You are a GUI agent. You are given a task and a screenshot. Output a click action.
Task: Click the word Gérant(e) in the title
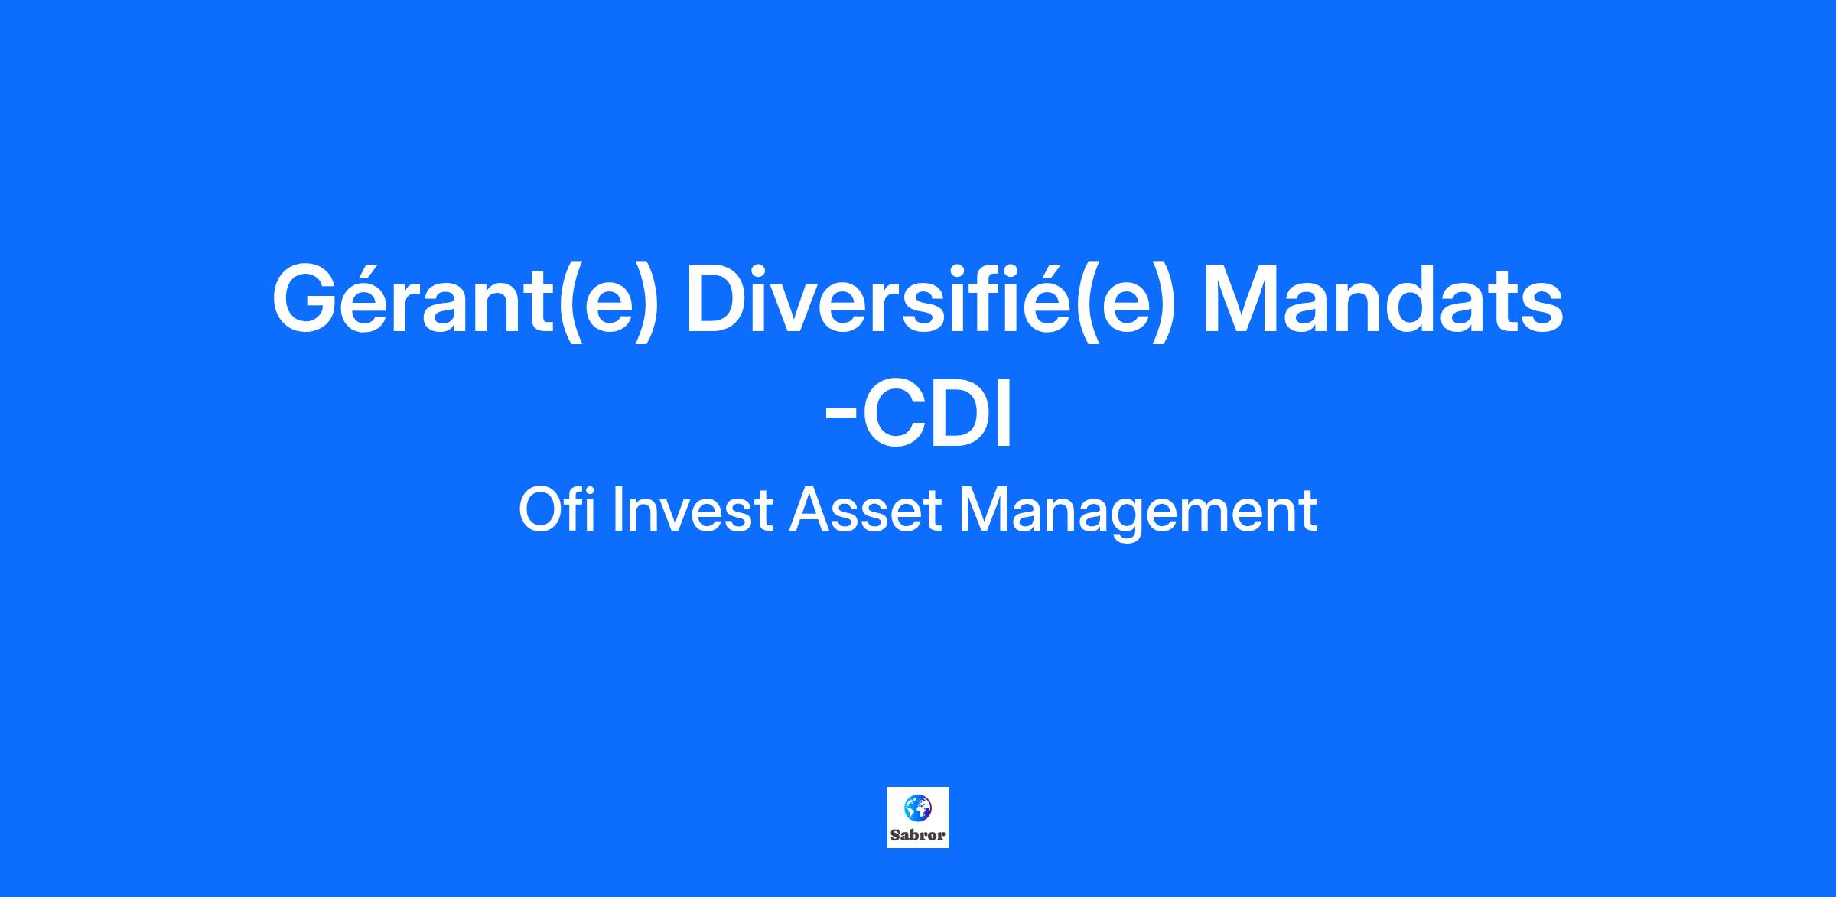pos(464,300)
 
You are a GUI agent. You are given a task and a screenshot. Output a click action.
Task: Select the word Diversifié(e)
pos(929,300)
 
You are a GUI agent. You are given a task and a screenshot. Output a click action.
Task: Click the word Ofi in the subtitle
pos(556,510)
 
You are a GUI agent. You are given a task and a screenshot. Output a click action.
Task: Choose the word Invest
pos(692,510)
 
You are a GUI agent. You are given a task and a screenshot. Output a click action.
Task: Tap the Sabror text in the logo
pos(918,835)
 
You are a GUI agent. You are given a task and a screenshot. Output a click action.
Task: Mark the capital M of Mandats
pos(1243,298)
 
